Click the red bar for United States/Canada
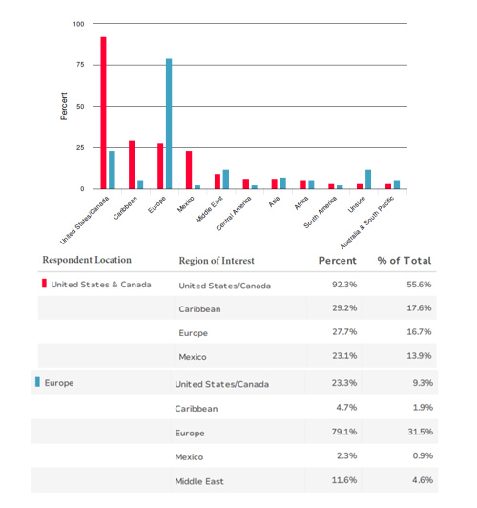pyautogui.click(x=103, y=113)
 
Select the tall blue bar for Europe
pyautogui.click(x=169, y=124)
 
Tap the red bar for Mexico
pyautogui.click(x=189, y=169)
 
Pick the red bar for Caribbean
pyautogui.click(x=132, y=164)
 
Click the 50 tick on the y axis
pyautogui.click(x=80, y=106)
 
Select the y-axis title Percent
pyautogui.click(x=64, y=106)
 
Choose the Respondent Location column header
pyautogui.click(x=87, y=260)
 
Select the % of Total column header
pyautogui.click(x=404, y=261)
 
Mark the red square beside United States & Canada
pyautogui.click(x=44, y=284)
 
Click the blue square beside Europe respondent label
pyautogui.click(x=37, y=382)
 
